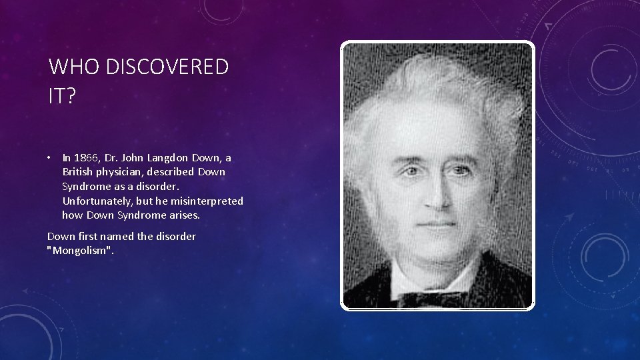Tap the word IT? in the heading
tap(62, 97)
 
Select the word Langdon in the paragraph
tap(169, 158)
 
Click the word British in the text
tap(77, 172)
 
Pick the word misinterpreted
tap(209, 201)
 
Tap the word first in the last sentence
tap(90, 237)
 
